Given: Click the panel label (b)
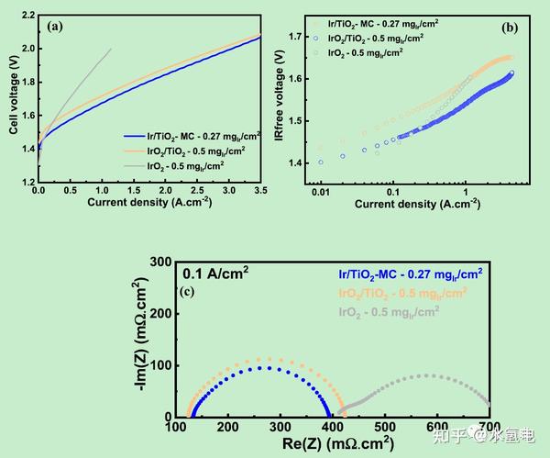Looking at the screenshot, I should click(x=510, y=28).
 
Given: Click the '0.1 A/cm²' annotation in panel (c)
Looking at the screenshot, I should click(x=215, y=273).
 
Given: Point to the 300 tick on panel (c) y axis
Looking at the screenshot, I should click(x=163, y=262).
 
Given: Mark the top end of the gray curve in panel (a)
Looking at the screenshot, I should click(x=111, y=49).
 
